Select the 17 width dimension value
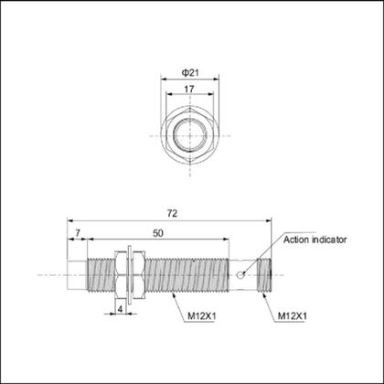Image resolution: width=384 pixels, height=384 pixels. pyautogui.click(x=191, y=89)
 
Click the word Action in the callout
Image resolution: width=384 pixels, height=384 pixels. pyautogui.click(x=297, y=240)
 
